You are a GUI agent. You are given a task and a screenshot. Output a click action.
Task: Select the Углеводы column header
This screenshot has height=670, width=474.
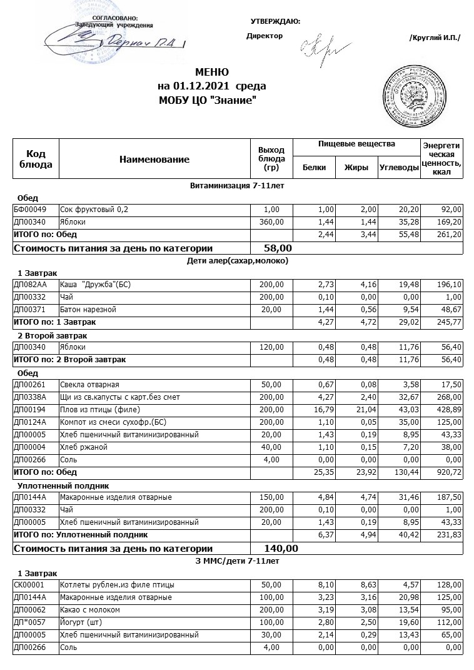tap(399, 167)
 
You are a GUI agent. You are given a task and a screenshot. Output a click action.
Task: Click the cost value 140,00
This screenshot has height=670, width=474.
tap(281, 549)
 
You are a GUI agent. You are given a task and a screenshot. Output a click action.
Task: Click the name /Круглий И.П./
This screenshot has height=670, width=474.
tap(435, 38)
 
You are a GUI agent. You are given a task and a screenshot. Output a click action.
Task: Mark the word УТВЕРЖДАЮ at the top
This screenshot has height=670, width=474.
tap(275, 21)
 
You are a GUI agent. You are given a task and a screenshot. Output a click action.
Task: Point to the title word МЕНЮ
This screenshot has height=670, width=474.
tap(212, 72)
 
